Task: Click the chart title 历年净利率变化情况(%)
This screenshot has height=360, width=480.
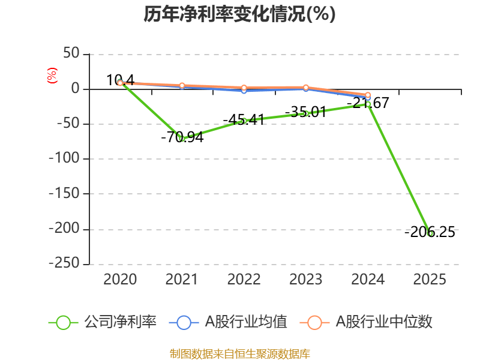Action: (239, 14)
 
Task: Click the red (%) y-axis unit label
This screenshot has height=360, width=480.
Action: (52, 76)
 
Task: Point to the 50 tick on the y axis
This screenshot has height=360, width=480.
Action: (71, 53)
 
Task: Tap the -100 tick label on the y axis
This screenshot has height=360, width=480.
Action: (64, 158)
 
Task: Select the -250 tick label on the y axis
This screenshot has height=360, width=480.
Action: (64, 263)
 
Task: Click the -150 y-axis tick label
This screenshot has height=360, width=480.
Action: (64, 193)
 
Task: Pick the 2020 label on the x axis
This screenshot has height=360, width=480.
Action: (120, 279)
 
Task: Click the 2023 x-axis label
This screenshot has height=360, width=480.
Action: (306, 279)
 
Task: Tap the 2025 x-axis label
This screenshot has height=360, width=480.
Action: (430, 279)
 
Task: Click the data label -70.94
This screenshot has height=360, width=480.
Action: (182, 137)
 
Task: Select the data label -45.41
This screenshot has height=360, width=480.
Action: (244, 119)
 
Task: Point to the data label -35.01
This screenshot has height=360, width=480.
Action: (306, 112)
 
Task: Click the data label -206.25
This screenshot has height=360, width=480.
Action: (430, 232)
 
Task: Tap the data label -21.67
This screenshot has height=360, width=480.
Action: (368, 103)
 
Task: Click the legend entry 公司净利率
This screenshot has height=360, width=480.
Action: (103, 322)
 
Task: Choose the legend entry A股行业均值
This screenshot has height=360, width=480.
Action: (229, 322)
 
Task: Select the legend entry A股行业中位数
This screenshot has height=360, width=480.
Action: (366, 322)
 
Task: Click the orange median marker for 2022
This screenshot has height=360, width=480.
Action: (244, 88)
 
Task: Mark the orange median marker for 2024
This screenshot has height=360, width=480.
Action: (368, 95)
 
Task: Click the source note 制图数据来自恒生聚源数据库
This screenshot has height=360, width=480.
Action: (240, 354)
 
